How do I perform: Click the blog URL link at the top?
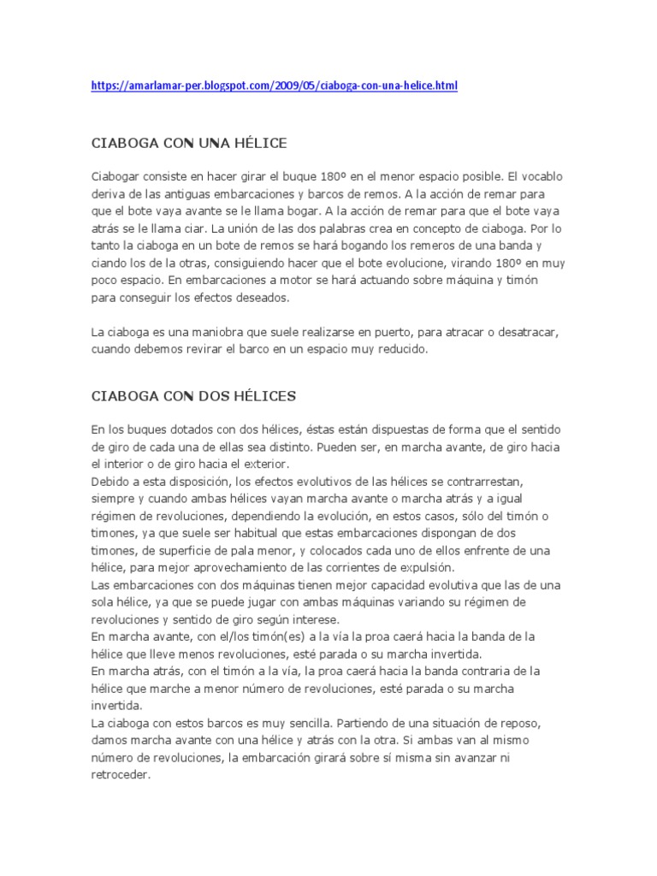[275, 86]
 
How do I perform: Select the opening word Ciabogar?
[117, 175]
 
